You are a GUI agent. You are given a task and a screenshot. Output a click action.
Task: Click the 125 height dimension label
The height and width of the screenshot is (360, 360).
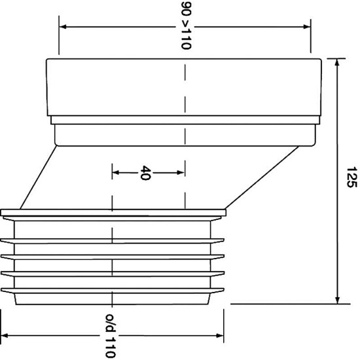click(351, 177)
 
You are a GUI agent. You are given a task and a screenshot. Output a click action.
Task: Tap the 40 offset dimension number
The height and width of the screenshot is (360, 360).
click(146, 173)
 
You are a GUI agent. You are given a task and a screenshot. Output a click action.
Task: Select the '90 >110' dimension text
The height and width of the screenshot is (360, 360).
click(186, 26)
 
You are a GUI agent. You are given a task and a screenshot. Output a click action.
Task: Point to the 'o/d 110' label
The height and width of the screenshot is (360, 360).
click(111, 335)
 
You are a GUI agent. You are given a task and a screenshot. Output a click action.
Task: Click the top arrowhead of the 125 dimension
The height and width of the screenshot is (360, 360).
click(337, 62)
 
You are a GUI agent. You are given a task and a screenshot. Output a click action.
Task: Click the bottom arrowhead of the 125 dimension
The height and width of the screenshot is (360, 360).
click(337, 300)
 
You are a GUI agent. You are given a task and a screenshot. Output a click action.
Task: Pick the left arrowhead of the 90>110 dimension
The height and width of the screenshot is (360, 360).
click(63, 27)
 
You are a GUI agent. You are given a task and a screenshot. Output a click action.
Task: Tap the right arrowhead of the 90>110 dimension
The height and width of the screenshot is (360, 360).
click(307, 27)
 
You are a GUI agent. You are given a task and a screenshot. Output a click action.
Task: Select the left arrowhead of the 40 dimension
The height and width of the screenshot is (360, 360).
click(116, 172)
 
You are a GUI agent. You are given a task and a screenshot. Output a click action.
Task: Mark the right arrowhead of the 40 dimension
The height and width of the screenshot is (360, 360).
click(181, 172)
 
